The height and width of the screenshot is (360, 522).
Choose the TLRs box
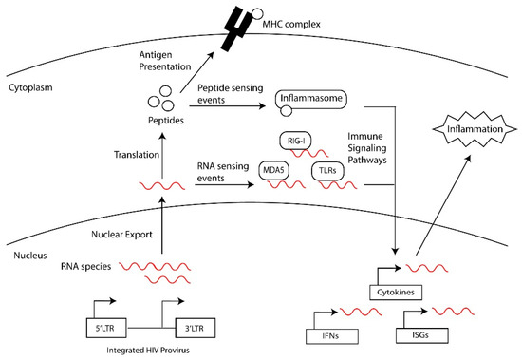tap(326, 170)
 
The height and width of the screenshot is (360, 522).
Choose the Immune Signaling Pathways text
tap(373, 149)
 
